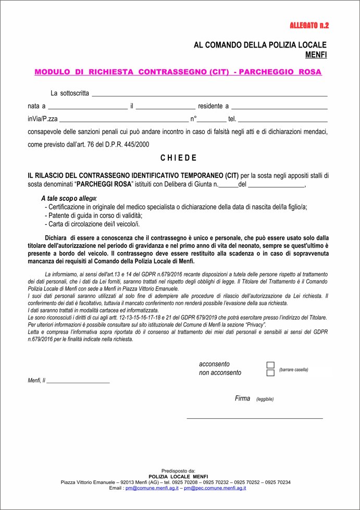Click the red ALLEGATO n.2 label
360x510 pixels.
pyautogui.click(x=309, y=25)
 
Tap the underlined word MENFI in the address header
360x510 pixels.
pyautogui.click(x=316, y=54)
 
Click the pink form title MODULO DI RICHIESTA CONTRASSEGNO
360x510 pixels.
pyautogui.click(x=178, y=72)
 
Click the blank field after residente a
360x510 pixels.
pyautogui.click(x=279, y=107)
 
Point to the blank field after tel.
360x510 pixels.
pyautogui.click(x=283, y=119)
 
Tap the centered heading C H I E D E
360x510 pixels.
pyautogui.click(x=178, y=158)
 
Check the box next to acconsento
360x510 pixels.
pyautogui.click(x=270, y=365)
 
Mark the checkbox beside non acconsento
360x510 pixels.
pyautogui.click(x=270, y=373)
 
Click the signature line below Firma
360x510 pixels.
pyautogui.click(x=255, y=417)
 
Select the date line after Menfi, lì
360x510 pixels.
pyautogui.click(x=78, y=382)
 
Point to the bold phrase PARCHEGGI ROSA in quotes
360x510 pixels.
pyautogui.click(x=104, y=184)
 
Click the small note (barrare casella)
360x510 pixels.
pyautogui.click(x=293, y=370)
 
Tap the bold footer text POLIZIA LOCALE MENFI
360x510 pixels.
pyautogui.click(x=178, y=477)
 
